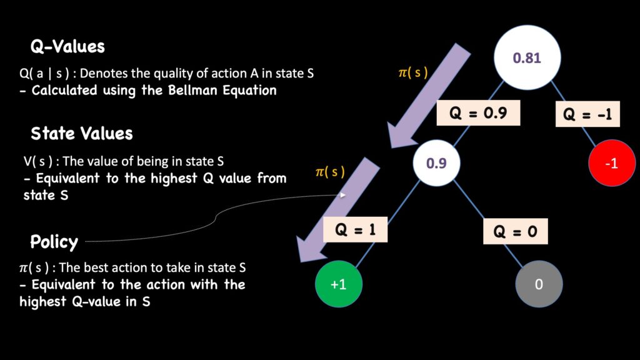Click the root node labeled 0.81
[526, 58]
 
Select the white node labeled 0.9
[436, 163]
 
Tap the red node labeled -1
[612, 163]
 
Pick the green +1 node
[339, 284]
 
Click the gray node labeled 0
[539, 284]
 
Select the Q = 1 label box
[355, 229]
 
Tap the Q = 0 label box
[516, 231]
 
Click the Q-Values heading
[67, 47]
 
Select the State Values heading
[81, 133]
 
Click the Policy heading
[54, 241]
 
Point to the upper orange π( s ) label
[413, 72]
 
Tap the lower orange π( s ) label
[329, 172]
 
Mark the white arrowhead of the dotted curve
[343, 195]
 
